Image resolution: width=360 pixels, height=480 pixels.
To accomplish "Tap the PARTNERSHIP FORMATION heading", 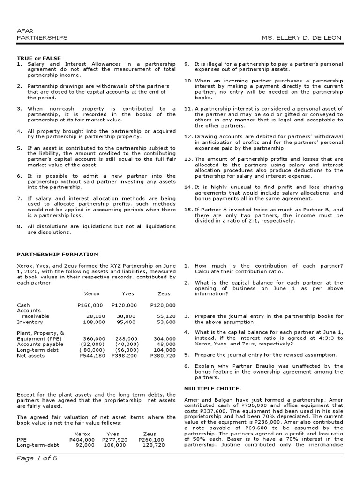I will tap(58, 254).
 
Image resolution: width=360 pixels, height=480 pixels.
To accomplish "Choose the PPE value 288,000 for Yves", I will tap(127, 339).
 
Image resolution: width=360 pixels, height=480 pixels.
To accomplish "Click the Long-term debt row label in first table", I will tap(36, 350).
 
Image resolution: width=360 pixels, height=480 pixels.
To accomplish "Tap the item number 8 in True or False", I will tap(20, 226).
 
